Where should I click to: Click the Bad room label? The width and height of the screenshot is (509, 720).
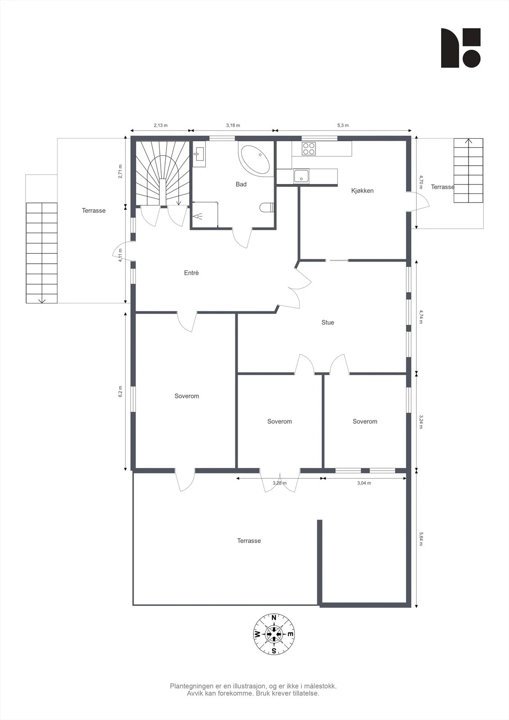[241, 184]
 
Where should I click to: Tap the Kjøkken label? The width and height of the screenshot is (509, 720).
[362, 191]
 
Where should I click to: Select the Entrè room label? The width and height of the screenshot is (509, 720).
[191, 273]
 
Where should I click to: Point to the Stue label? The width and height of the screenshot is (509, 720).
[328, 322]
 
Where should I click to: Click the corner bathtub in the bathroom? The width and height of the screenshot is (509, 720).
[254, 160]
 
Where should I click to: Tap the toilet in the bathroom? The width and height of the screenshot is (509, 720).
[267, 207]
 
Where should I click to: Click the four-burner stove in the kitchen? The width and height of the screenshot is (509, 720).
[308, 148]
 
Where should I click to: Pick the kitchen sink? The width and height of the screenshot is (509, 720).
[301, 176]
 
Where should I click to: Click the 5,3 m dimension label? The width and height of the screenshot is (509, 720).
[343, 126]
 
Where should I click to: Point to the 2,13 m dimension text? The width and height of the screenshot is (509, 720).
[161, 126]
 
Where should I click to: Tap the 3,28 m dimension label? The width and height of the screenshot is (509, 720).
[279, 483]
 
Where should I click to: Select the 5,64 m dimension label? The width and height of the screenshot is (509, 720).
[421, 539]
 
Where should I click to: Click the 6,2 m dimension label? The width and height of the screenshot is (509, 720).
[120, 391]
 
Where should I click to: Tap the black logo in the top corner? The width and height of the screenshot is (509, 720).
[461, 48]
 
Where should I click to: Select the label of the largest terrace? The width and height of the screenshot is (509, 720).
[249, 540]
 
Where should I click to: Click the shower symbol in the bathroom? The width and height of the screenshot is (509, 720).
[198, 216]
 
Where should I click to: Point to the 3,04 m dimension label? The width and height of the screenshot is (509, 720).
[364, 483]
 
